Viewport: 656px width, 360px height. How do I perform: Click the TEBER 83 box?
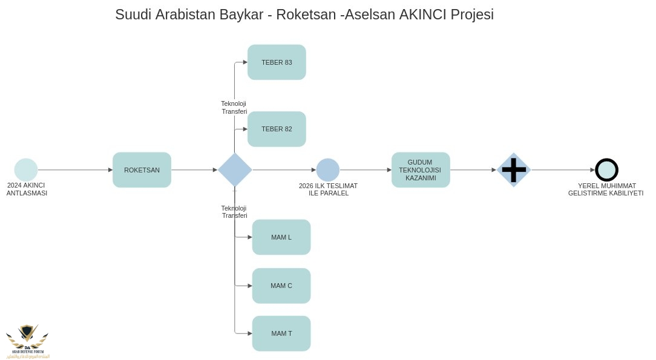click(277, 62)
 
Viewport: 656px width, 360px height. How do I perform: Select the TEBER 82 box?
click(277, 129)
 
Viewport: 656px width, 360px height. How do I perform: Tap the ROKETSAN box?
click(142, 170)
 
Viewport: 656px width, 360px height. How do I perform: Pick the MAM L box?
click(281, 237)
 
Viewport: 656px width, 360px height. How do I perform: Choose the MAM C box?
click(281, 286)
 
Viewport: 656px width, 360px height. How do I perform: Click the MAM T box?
click(281, 333)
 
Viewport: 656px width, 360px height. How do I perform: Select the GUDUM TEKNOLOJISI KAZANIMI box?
click(421, 170)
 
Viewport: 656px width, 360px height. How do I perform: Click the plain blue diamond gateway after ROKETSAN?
click(235, 170)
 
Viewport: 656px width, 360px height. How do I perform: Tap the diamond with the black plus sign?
click(514, 170)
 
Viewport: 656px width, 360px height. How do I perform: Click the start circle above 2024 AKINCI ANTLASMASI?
click(26, 170)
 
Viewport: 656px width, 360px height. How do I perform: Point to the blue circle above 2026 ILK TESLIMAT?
click(328, 170)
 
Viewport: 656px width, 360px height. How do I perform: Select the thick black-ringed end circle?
click(606, 170)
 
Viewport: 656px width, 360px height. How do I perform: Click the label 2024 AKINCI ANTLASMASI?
click(26, 189)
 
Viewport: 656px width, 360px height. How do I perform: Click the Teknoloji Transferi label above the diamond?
click(234, 107)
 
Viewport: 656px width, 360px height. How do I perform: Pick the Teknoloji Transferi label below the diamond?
click(234, 212)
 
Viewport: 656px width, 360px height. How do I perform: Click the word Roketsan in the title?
click(306, 15)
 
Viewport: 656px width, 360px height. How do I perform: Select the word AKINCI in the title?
click(423, 15)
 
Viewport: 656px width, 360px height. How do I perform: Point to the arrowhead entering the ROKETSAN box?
click(110, 170)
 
